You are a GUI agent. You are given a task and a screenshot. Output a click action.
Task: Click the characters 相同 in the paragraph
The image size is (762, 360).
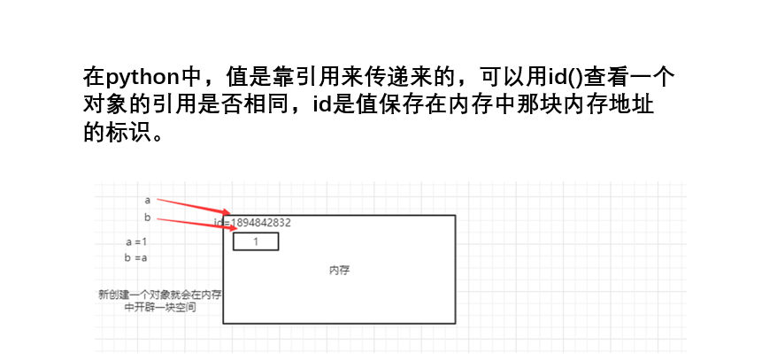click(264, 105)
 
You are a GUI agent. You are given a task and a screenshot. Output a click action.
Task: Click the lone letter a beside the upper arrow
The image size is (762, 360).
click(147, 200)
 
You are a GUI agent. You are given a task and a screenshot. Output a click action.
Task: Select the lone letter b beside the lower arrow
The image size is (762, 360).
click(147, 218)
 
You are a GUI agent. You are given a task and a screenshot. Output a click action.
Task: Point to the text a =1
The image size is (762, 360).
click(136, 241)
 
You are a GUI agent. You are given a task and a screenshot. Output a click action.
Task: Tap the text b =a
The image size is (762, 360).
click(136, 257)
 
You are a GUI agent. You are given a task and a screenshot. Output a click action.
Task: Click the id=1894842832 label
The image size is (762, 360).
click(253, 223)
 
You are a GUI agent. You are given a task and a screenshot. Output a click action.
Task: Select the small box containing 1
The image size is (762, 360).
click(256, 241)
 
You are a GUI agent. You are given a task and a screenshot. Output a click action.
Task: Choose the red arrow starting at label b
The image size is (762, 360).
click(190, 224)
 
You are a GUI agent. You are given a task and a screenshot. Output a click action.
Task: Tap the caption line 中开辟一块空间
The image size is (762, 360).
click(160, 308)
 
